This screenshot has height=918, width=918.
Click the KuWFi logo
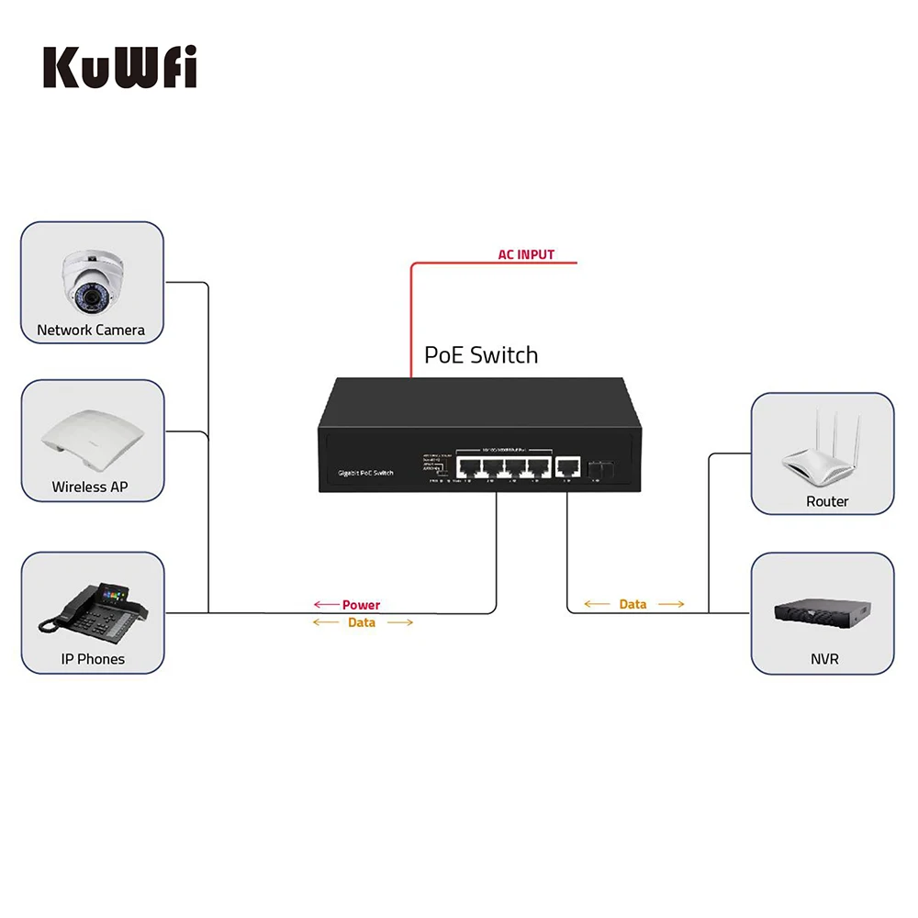[x=119, y=68]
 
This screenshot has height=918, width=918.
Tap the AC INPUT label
[x=526, y=254]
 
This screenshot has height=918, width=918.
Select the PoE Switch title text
[x=481, y=355]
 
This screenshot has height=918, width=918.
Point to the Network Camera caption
[x=91, y=330]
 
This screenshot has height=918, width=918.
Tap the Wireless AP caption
[x=90, y=487]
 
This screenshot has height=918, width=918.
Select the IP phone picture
[x=92, y=610]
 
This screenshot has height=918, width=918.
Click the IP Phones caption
[x=93, y=659]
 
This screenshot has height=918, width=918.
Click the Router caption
[x=827, y=502]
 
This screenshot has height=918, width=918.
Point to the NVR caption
[x=824, y=659]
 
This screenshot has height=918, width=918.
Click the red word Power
[x=361, y=605]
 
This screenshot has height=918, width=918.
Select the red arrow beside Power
[x=325, y=605]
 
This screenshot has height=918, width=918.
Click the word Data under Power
[x=362, y=622]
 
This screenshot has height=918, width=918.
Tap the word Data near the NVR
[x=633, y=604]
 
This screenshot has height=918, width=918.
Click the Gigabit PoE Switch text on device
[x=365, y=472]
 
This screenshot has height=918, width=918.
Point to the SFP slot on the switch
[x=600, y=467]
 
